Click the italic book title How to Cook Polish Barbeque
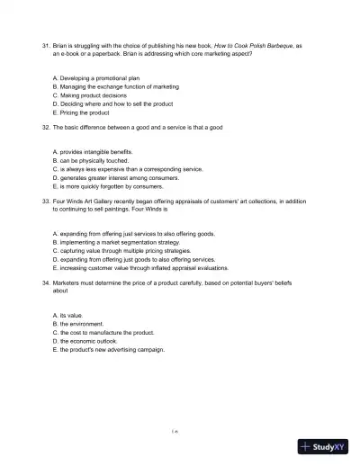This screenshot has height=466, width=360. coord(251,43)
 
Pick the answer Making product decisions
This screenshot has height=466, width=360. coord(95,94)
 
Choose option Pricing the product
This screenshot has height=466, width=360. coord(84,112)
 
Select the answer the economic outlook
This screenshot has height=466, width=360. coord(87,342)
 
